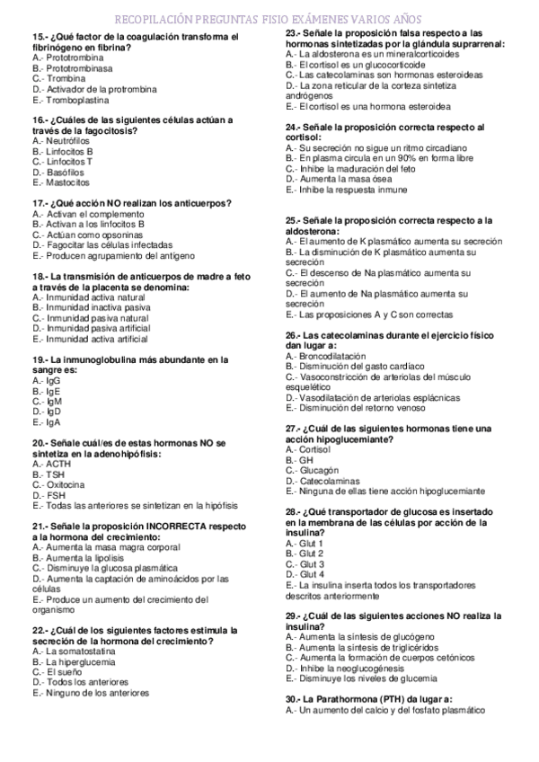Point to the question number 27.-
point(293,428)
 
